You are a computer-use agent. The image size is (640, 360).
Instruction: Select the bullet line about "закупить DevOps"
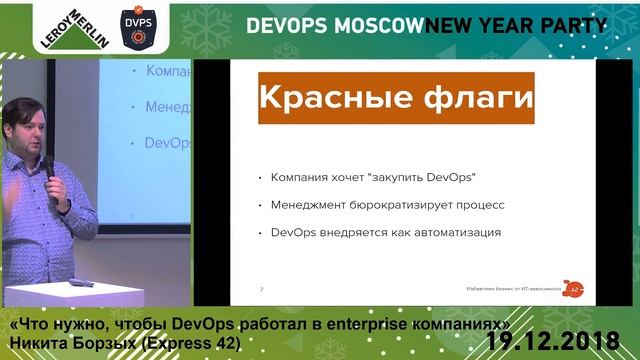pyautogui.click(x=371, y=177)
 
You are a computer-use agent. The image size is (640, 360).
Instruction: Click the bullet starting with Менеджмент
pyautogui.click(x=386, y=205)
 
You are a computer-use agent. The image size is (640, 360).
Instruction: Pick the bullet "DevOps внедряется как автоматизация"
pyautogui.click(x=384, y=233)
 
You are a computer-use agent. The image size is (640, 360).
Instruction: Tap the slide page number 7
pyautogui.click(x=261, y=290)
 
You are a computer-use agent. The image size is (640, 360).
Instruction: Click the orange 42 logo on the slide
pyautogui.click(x=574, y=287)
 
